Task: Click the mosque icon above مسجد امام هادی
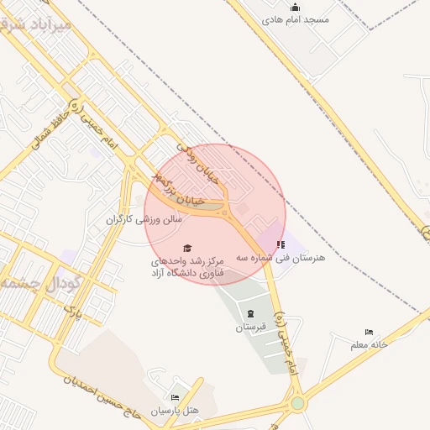(x=295, y=8)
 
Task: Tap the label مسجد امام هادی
(x=296, y=18)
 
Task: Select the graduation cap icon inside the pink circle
(x=187, y=248)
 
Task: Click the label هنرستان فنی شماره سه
(x=281, y=257)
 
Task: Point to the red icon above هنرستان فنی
(x=281, y=244)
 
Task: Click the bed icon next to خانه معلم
(x=370, y=333)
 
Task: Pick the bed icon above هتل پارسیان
(x=175, y=398)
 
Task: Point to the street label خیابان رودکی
(x=201, y=166)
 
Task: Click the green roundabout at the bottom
(x=298, y=403)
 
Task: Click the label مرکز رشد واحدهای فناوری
(x=186, y=267)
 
